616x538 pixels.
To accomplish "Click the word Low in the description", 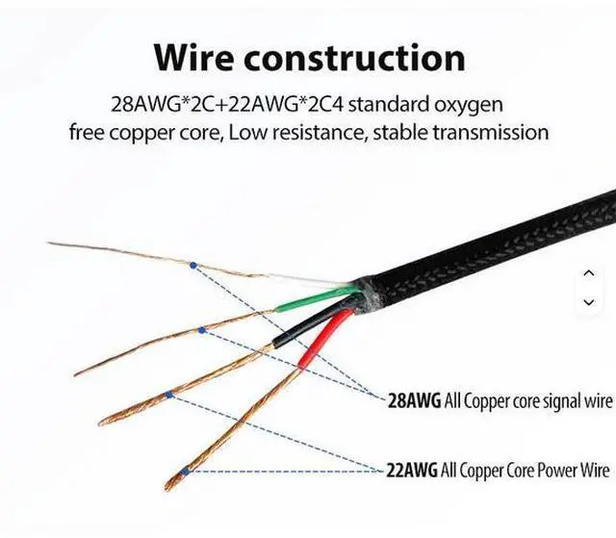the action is pos(246,132).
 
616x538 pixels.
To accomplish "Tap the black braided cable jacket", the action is pos(500,245).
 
